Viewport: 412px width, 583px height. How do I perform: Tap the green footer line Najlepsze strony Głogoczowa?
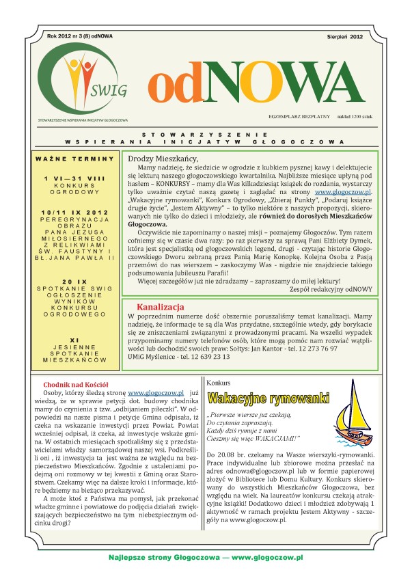[206, 558]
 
